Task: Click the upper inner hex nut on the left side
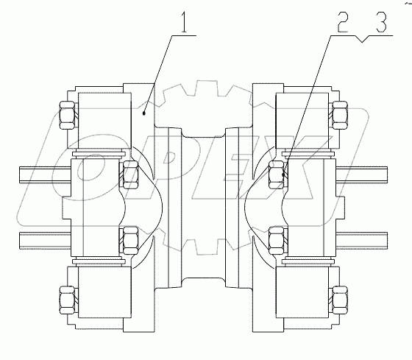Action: [129, 172]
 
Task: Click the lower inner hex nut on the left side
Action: [129, 239]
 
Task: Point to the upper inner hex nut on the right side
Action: [278, 174]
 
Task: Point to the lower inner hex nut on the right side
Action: [278, 239]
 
